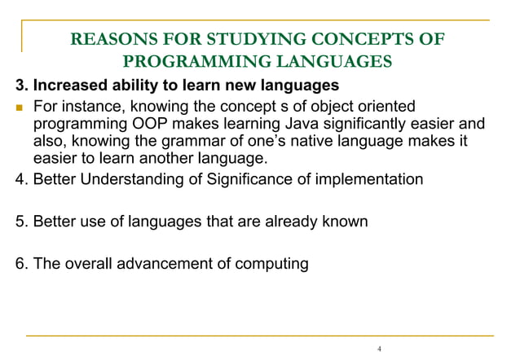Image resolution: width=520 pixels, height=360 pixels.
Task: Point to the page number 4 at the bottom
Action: [x=379, y=349]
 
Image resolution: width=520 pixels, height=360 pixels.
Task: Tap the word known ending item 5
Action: [x=347, y=222]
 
